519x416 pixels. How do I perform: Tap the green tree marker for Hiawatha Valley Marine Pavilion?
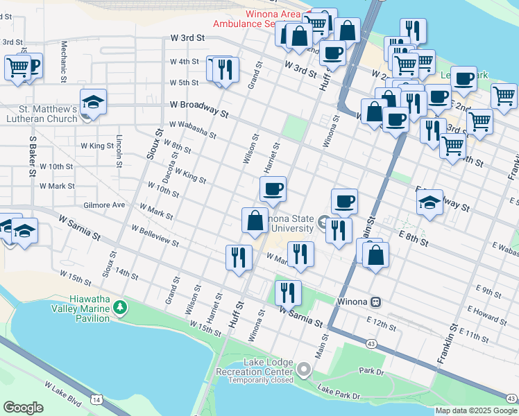point(121,306)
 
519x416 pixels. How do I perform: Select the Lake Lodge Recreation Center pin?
point(304,371)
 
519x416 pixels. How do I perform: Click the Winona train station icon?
point(376,302)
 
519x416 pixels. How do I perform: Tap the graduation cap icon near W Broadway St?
point(93,102)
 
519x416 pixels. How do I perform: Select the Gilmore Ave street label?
point(103,205)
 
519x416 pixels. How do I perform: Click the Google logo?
point(23,408)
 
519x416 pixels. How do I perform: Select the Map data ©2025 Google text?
point(476,410)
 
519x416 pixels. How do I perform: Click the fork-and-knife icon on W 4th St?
point(226,69)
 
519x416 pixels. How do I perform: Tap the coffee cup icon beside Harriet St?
point(273,189)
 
